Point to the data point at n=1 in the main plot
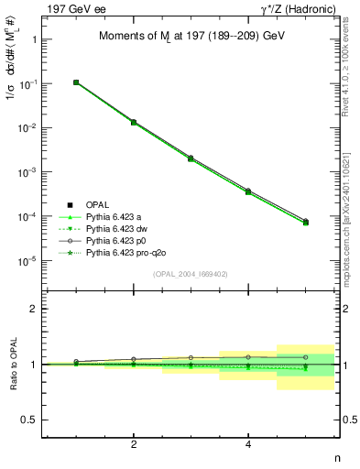pyautogui.click(x=76, y=82)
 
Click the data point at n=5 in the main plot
pyautogui.click(x=305, y=222)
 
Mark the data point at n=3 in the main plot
pyautogui.click(x=191, y=158)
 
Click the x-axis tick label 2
pyautogui.click(x=134, y=444)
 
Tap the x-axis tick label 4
pyautogui.click(x=248, y=444)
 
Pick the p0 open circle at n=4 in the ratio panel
pyautogui.click(x=248, y=356)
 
